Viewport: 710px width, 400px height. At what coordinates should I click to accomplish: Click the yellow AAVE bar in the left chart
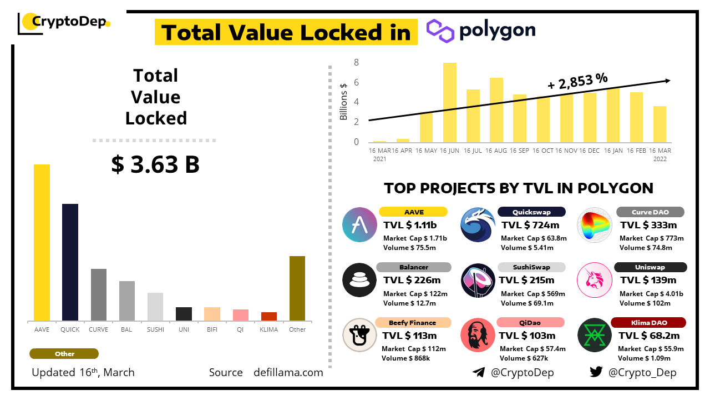coord(42,242)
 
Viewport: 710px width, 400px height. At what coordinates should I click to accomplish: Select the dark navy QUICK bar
coord(70,262)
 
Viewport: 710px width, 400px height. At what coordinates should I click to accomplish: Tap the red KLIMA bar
coord(269,316)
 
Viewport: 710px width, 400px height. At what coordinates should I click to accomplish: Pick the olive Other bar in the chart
coord(297,288)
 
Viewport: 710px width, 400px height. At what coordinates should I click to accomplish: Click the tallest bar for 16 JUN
coord(449,103)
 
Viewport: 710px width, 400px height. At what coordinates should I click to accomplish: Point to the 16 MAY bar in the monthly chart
coord(426,127)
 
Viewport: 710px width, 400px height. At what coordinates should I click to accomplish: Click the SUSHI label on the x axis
coord(155,329)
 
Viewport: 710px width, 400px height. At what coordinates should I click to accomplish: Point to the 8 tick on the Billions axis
coord(357,63)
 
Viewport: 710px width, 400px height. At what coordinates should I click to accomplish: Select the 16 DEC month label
coord(590,151)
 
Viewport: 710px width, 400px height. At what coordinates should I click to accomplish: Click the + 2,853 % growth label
coord(577,82)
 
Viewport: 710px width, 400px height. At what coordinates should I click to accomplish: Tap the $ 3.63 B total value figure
coord(155,164)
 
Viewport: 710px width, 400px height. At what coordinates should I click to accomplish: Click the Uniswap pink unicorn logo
coord(594,279)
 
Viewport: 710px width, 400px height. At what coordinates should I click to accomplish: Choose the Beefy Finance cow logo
coord(360,335)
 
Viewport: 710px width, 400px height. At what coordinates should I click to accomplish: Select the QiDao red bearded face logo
coord(478,335)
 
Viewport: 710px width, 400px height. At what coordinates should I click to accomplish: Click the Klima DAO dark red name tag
coord(648,323)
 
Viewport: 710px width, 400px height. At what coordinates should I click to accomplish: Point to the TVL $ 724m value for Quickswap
coord(530,225)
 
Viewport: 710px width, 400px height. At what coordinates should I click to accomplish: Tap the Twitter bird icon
coord(596,372)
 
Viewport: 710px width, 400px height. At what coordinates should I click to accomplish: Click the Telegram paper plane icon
coord(479,372)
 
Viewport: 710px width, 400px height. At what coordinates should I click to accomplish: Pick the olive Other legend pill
coord(64,354)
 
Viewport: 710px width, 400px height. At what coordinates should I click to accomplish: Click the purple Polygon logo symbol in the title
coord(440,31)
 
